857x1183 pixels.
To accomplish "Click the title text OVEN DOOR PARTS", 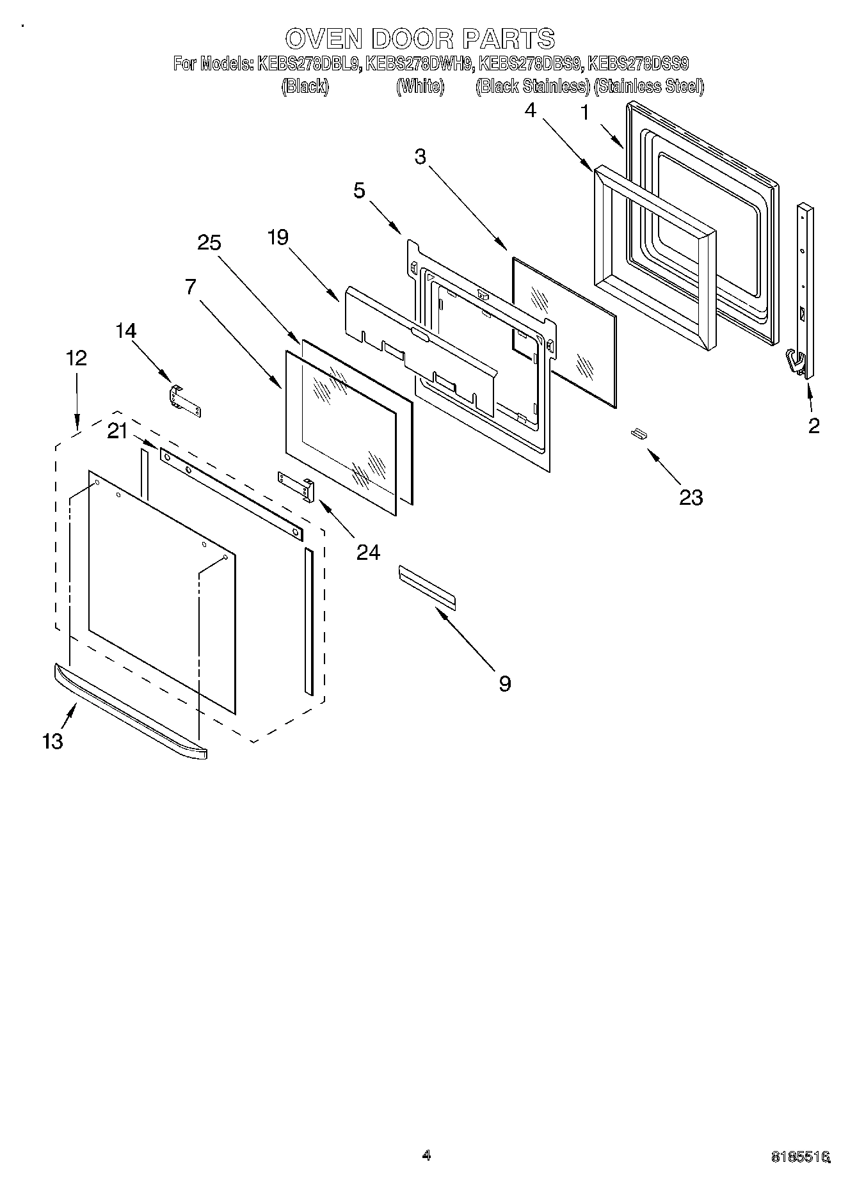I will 420,39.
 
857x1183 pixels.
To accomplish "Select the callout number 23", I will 691,497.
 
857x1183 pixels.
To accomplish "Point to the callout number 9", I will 504,684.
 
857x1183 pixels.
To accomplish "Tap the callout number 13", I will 52,742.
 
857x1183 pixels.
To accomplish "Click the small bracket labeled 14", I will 184,401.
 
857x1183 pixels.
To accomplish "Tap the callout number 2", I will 813,426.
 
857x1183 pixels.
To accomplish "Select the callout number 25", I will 209,243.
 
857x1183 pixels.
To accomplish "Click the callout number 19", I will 278,237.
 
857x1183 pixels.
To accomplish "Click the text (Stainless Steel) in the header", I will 649,86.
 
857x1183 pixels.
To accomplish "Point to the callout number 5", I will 359,191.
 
